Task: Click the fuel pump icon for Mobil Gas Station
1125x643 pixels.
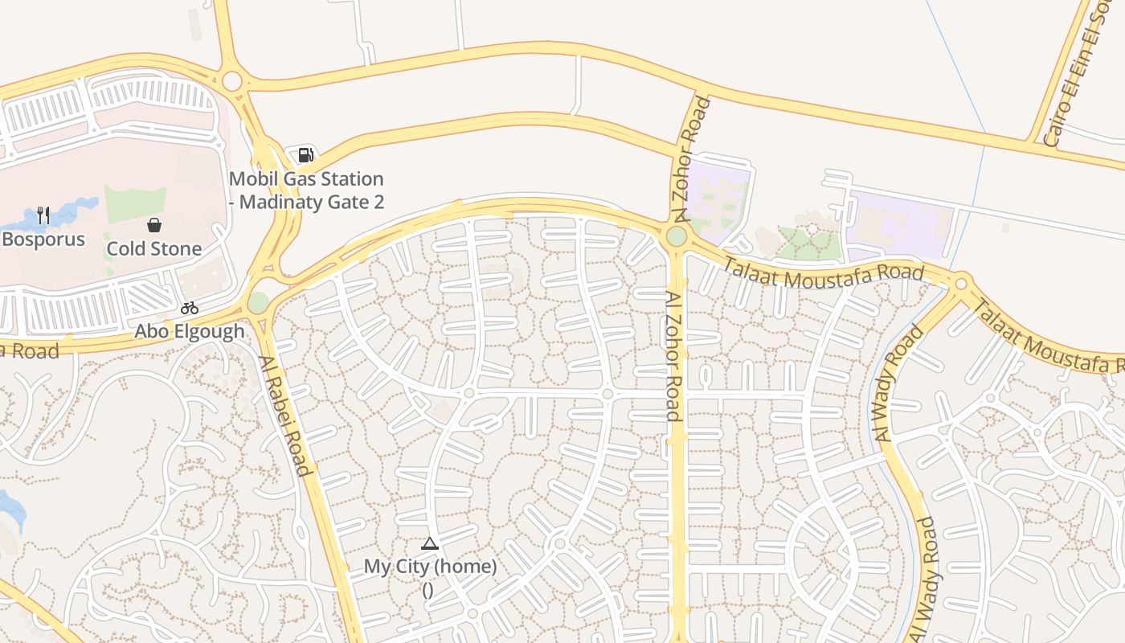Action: pos(305,155)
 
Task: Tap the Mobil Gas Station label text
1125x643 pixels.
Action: pos(306,190)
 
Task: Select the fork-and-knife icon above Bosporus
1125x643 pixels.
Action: pos(43,215)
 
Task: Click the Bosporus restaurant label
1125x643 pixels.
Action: pos(43,240)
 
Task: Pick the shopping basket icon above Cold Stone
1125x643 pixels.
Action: pos(154,225)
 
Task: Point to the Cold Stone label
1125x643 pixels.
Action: pos(154,249)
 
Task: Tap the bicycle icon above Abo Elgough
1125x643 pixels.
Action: pos(190,308)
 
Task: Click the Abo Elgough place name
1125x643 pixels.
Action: pos(190,331)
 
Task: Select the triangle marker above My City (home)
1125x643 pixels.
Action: pos(430,544)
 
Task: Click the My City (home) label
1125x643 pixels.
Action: pos(430,567)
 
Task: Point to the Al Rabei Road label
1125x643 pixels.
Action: pos(284,415)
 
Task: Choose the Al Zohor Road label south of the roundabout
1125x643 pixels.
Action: pos(673,356)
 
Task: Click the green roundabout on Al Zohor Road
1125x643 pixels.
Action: pos(676,236)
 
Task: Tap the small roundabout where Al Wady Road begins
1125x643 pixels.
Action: pos(961,283)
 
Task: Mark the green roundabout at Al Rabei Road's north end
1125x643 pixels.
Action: pos(258,302)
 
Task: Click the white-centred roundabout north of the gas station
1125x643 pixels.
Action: pos(232,81)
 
